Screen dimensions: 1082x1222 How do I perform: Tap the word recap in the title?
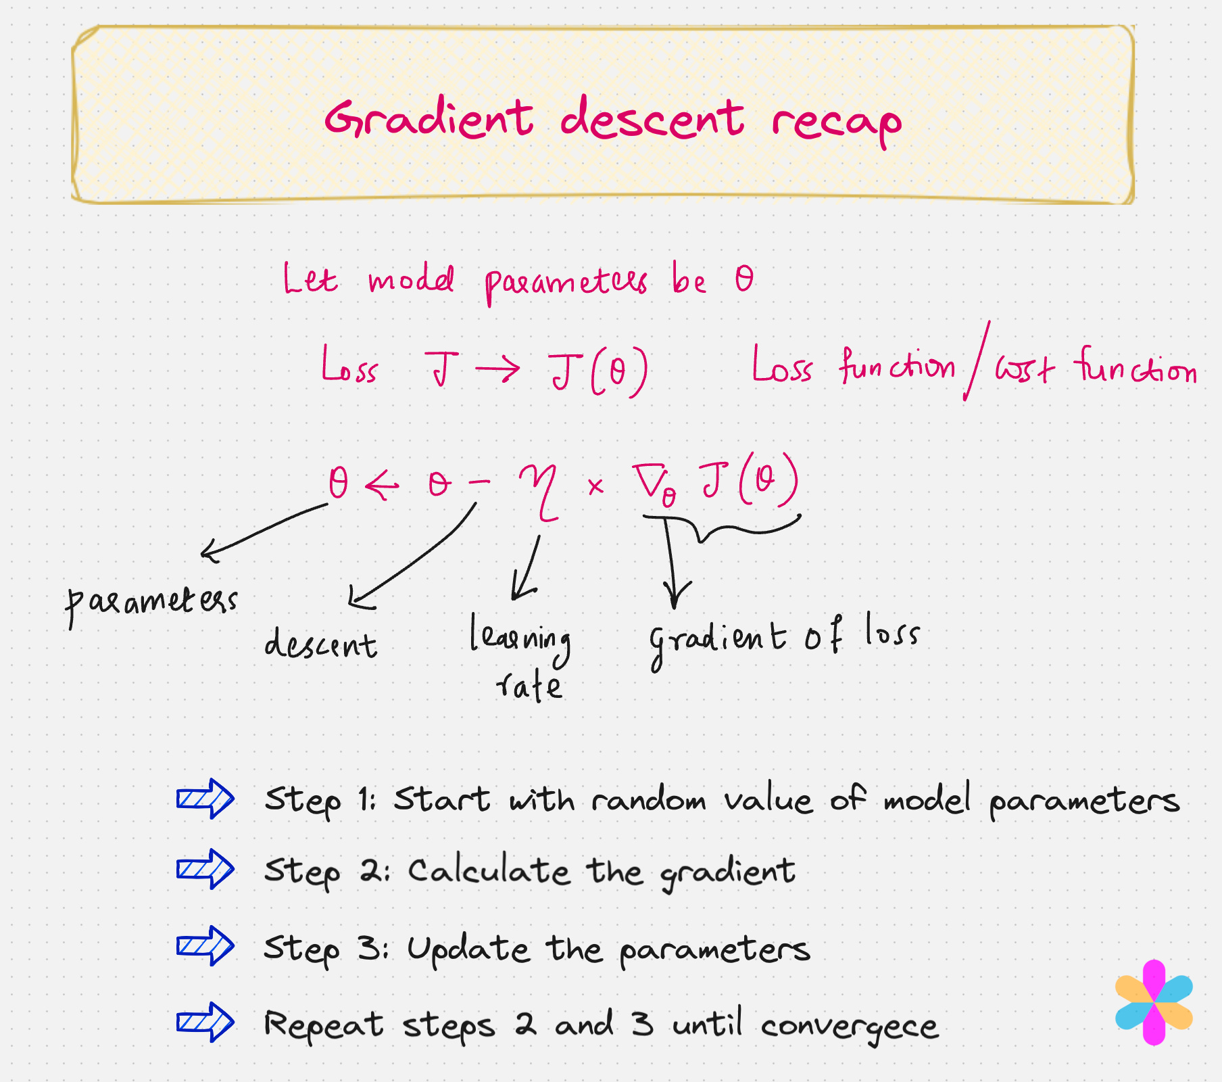click(836, 124)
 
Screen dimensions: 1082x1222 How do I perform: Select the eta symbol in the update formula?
click(539, 490)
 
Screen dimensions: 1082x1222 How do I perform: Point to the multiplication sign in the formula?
click(595, 486)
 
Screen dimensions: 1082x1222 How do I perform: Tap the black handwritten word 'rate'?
click(529, 686)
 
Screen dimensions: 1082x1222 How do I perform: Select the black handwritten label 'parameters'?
click(151, 602)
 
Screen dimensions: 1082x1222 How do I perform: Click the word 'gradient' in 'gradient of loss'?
click(718, 639)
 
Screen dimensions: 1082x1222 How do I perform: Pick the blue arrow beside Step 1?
click(205, 799)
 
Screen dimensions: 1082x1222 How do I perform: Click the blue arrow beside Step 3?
click(205, 945)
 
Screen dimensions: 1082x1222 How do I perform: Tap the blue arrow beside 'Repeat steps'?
click(205, 1022)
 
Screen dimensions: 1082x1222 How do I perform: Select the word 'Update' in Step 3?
click(468, 949)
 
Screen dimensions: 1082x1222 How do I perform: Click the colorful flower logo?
click(1154, 1002)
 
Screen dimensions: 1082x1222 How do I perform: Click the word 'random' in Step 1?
click(649, 800)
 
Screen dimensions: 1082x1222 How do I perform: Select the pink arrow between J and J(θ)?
click(498, 369)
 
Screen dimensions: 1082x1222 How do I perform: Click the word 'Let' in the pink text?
click(310, 279)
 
